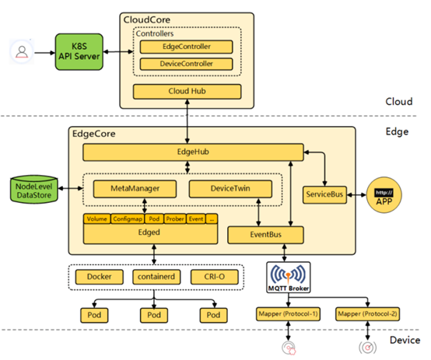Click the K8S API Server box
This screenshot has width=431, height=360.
79,51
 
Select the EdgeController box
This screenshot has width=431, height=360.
187,47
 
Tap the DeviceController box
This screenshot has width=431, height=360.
187,64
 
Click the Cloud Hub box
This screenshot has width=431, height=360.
187,91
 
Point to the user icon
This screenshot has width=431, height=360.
22,51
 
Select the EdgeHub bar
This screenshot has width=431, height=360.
193,152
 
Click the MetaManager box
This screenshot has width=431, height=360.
135,188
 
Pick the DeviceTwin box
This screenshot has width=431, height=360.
230,188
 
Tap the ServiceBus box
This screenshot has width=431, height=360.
324,194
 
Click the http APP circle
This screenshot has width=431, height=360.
384,195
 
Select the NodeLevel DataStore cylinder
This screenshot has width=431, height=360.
34,190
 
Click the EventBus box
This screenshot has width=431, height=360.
265,235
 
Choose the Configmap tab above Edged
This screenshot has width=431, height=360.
128,219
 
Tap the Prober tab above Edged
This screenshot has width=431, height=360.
175,219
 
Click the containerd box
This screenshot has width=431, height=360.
156,277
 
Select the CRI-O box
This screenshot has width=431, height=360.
215,277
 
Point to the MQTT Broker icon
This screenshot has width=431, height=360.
289,278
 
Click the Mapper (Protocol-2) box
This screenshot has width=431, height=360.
367,314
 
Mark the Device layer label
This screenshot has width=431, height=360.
405,341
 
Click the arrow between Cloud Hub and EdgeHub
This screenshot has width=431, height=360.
187,121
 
